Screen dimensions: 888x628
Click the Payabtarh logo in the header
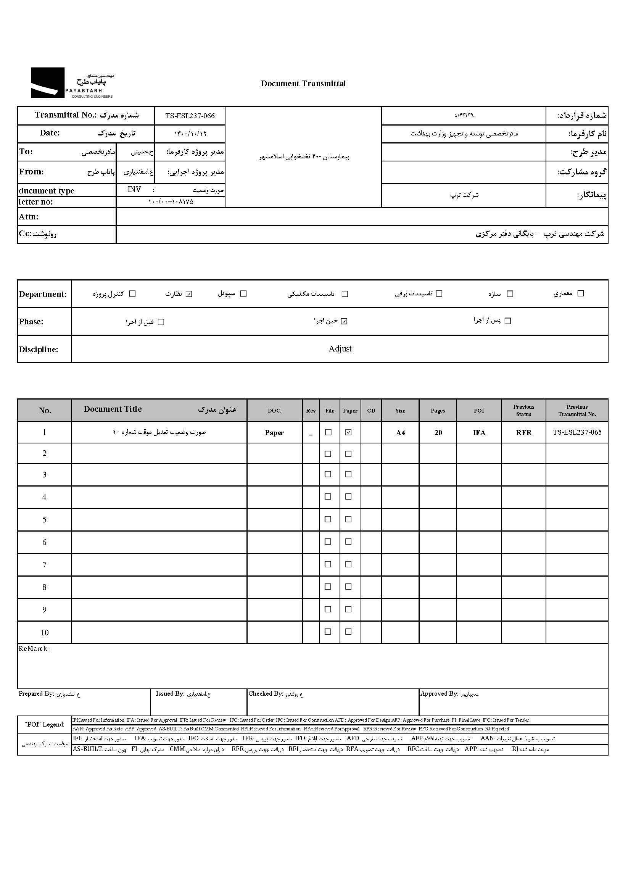(x=72, y=83)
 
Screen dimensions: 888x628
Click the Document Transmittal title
(x=303, y=84)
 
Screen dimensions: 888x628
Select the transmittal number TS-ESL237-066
(x=190, y=116)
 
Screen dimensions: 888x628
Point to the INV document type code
(x=134, y=190)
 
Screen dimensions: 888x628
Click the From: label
(x=31, y=172)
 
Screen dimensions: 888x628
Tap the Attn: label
(x=29, y=217)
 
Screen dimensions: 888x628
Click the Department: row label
(x=42, y=294)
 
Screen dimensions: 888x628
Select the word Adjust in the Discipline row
(x=340, y=349)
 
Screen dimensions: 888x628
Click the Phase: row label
(x=31, y=322)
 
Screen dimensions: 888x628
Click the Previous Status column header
(x=523, y=410)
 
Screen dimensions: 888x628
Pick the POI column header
(x=479, y=411)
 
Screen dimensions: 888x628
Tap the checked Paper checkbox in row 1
(x=348, y=432)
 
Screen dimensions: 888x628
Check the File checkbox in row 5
(x=328, y=519)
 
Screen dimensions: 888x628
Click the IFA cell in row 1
(x=479, y=433)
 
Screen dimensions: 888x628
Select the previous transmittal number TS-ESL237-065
(x=577, y=432)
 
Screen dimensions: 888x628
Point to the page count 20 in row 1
(x=438, y=433)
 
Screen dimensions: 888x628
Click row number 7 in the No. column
(x=45, y=565)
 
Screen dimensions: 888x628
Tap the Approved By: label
(x=439, y=694)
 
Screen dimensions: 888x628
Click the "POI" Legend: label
(x=45, y=724)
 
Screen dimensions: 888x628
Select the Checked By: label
(x=266, y=694)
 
